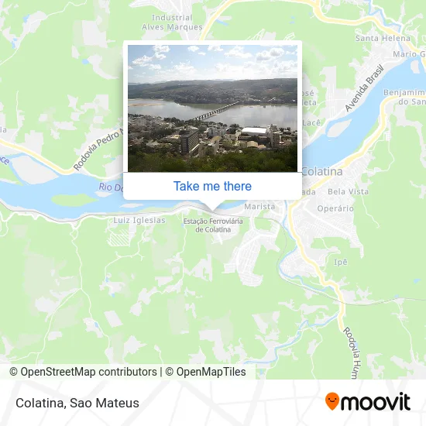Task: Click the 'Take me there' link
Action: point(212,186)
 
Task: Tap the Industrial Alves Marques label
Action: point(172,22)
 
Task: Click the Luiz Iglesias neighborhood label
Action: point(139,220)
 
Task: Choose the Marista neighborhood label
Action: point(259,207)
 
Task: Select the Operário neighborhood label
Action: point(335,208)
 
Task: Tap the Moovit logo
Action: point(367,401)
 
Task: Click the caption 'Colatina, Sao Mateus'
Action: point(76,403)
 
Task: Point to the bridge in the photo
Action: point(217,112)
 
